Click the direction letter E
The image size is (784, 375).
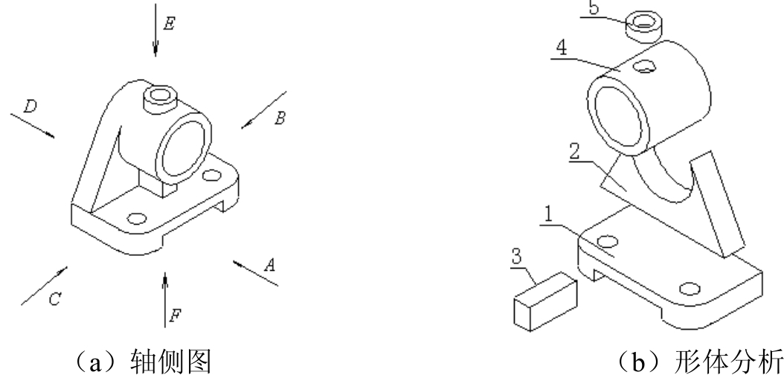169,24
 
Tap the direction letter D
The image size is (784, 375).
30,107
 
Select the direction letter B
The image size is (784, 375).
280,118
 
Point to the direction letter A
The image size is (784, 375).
269,264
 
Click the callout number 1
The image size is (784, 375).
548,215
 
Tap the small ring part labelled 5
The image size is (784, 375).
643,26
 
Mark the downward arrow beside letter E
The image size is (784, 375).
155,30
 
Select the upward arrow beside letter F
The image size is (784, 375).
165,300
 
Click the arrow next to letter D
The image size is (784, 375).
33,126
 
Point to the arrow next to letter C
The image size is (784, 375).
44,286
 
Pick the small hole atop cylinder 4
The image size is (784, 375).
646,65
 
